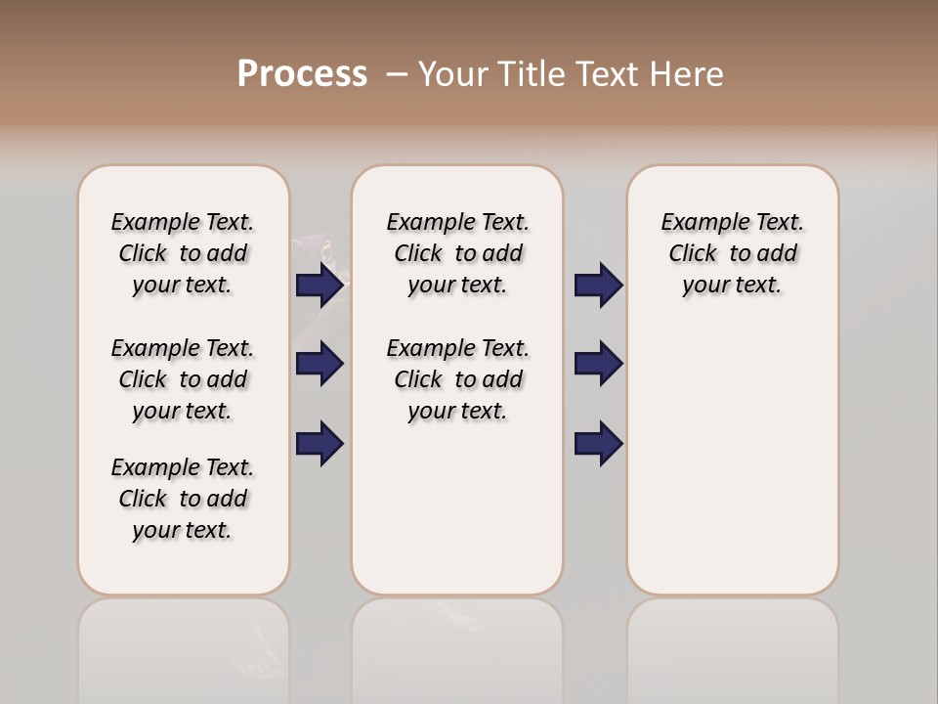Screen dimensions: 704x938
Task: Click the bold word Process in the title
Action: pos(301,74)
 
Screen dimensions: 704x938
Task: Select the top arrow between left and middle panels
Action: pos(320,286)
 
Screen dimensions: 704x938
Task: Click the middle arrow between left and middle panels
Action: pos(320,365)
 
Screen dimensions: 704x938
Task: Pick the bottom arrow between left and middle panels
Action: pos(320,443)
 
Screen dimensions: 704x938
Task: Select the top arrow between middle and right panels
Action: pos(598,286)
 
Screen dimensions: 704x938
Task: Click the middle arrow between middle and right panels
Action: pos(598,365)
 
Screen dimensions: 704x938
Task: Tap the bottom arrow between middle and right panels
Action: pos(598,443)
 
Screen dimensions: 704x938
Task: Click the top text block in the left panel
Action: pos(183,253)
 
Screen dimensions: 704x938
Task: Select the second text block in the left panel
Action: pos(183,379)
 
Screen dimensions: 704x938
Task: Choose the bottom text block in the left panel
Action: pos(183,499)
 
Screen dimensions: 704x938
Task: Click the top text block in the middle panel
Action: pos(457,253)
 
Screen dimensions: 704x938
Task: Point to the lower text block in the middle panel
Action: pos(457,379)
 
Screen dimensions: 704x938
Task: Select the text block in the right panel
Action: pos(732,253)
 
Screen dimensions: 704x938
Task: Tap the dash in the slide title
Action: pos(397,75)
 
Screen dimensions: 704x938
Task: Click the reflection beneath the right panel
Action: pos(732,645)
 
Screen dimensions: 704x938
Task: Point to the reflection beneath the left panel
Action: pos(183,645)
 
